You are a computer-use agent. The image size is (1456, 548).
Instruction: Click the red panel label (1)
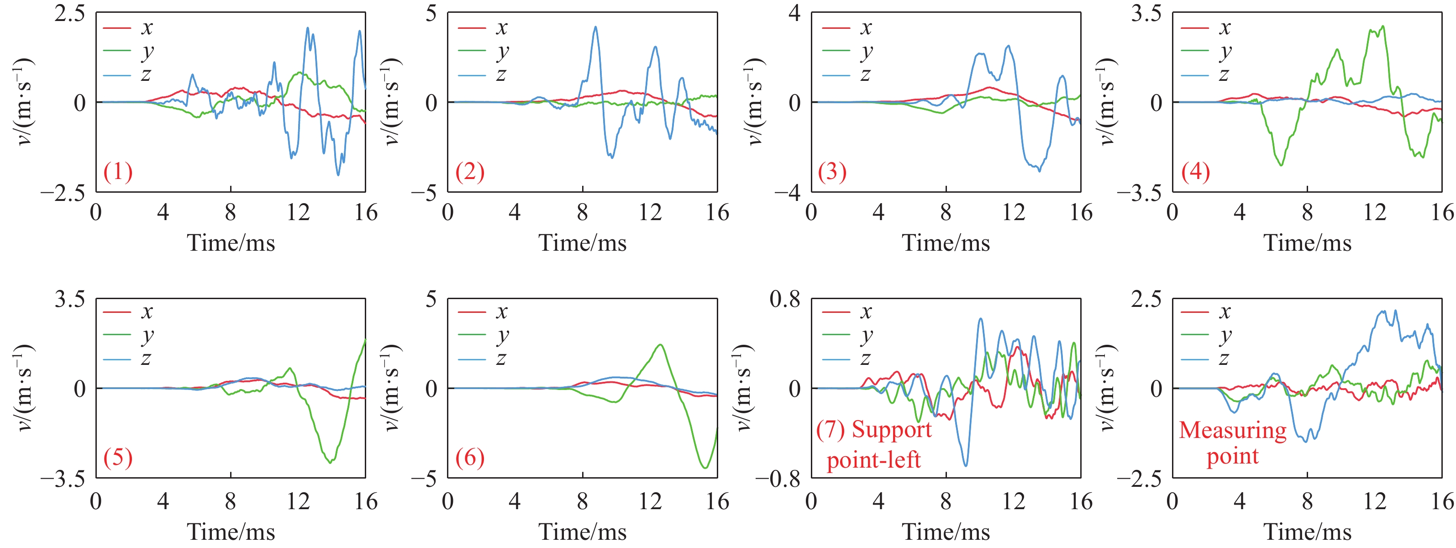click(x=117, y=171)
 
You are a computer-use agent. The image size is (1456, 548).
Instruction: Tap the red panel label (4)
click(x=1195, y=171)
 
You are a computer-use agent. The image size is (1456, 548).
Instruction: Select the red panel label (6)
click(x=470, y=457)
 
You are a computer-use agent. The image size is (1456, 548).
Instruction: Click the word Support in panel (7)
click(x=891, y=430)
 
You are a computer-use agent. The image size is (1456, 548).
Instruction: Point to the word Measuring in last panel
click(x=1232, y=430)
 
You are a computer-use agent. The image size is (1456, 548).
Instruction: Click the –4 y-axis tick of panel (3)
click(x=787, y=193)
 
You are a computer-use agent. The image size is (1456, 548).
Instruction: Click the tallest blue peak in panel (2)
click(x=595, y=26)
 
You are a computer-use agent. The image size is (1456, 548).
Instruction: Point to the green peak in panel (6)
click(x=660, y=345)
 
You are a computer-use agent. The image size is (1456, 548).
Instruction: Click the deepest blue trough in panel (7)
click(x=965, y=465)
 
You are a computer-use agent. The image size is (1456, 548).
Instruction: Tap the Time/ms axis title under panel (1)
click(x=231, y=243)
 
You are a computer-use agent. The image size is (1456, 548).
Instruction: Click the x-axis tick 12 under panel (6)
click(x=650, y=501)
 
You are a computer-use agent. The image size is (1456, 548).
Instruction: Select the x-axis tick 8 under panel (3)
click(x=946, y=213)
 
